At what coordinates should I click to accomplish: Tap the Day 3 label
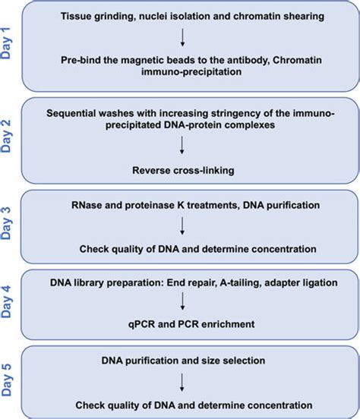coord(10,228)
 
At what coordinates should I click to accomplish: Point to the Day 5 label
coord(10,379)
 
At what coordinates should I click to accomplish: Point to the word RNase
coord(89,204)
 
